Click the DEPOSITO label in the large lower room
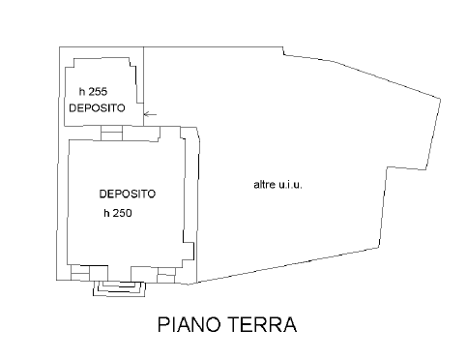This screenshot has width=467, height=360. (x=127, y=194)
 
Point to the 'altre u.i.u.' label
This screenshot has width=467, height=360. (x=279, y=184)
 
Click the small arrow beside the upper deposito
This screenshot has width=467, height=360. (x=150, y=115)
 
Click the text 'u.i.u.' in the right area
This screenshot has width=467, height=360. (x=293, y=184)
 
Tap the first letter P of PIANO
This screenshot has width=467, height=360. (x=163, y=324)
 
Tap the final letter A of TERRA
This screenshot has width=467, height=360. (x=287, y=324)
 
